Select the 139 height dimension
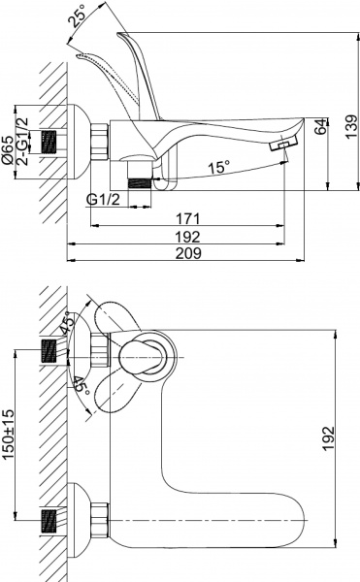tap(349, 123)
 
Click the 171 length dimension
tap(189, 218)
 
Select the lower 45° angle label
tap(81, 388)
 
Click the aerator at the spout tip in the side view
tap(280, 143)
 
